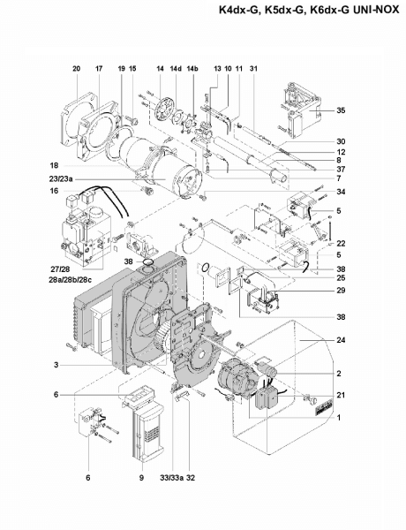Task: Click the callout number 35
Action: (x=341, y=110)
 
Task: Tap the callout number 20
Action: (x=76, y=69)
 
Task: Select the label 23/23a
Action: (x=61, y=179)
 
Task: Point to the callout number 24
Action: (x=341, y=340)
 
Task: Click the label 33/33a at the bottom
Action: (x=171, y=478)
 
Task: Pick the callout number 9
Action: (x=141, y=478)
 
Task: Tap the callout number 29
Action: (x=341, y=291)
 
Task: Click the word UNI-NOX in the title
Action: (x=376, y=10)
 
